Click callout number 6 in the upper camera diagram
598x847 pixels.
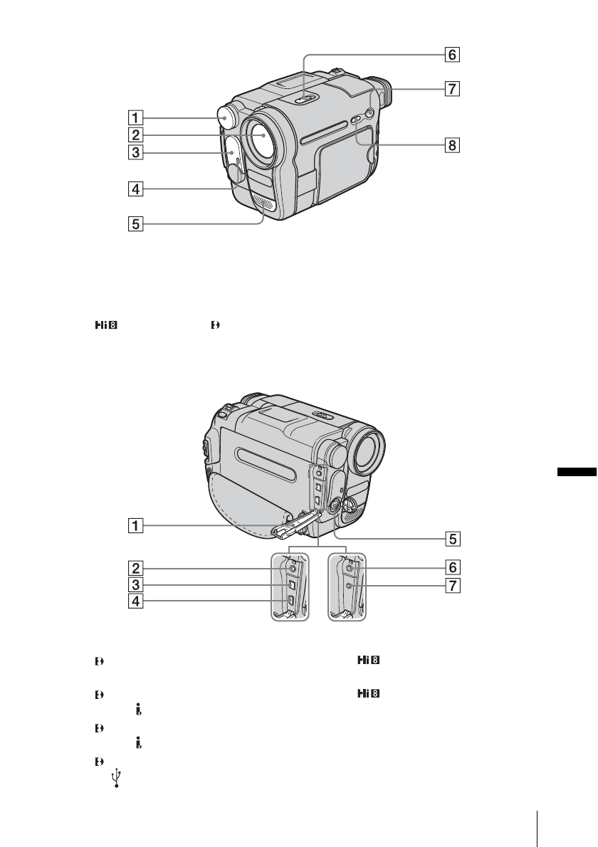(452, 55)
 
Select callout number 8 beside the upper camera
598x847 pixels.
(452, 145)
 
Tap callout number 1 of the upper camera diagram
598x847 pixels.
(135, 117)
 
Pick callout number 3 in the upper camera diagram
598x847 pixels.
(135, 152)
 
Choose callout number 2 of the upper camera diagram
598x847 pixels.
(135, 135)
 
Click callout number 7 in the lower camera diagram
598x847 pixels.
(453, 585)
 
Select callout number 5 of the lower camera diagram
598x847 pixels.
(453, 539)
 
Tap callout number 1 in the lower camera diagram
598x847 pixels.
(135, 525)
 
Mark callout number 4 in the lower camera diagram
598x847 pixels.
(135, 601)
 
